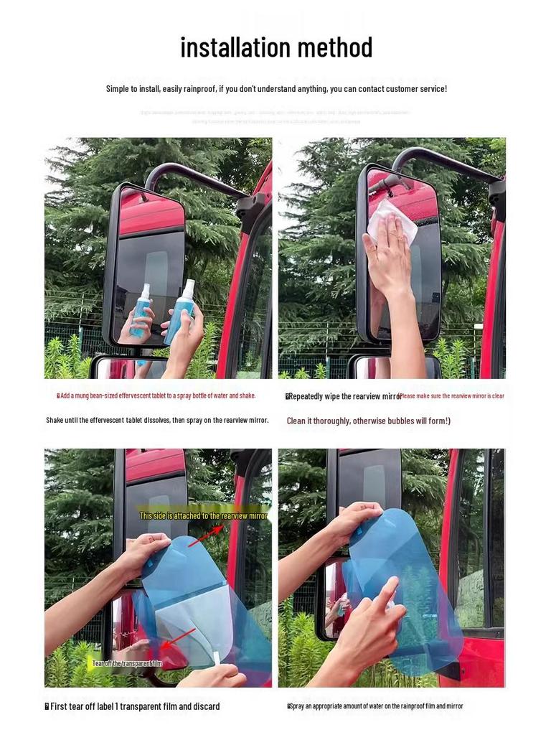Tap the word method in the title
click(x=335, y=48)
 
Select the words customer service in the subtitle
click(x=415, y=89)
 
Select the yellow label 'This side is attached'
click(x=203, y=516)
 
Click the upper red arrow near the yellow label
click(x=205, y=535)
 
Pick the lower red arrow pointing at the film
click(x=177, y=640)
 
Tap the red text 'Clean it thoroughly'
click(x=368, y=421)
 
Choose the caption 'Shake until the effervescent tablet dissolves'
click(x=157, y=420)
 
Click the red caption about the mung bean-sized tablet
click(x=156, y=395)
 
